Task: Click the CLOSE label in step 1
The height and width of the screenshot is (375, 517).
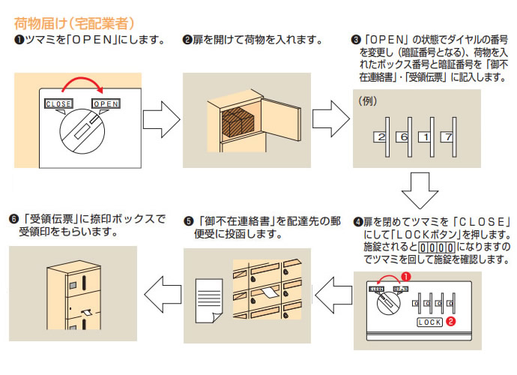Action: pyautogui.click(x=58, y=103)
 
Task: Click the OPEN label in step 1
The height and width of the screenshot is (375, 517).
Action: pyautogui.click(x=106, y=103)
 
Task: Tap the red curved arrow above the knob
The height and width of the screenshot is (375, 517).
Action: pyautogui.click(x=82, y=84)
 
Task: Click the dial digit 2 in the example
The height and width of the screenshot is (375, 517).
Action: pyautogui.click(x=381, y=137)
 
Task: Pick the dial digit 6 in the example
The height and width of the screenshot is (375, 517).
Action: pyautogui.click(x=402, y=137)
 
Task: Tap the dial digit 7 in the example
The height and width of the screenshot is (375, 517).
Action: pyautogui.click(x=446, y=137)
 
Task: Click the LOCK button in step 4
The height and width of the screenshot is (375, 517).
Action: pyautogui.click(x=429, y=322)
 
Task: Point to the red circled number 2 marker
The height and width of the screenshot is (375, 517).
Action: pyautogui.click(x=451, y=322)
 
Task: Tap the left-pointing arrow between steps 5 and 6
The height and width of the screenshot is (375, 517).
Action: pyautogui.click(x=160, y=289)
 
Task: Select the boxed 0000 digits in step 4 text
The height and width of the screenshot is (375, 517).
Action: pyautogui.click(x=434, y=247)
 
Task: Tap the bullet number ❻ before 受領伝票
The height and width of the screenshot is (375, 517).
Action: pyautogui.click(x=13, y=220)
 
